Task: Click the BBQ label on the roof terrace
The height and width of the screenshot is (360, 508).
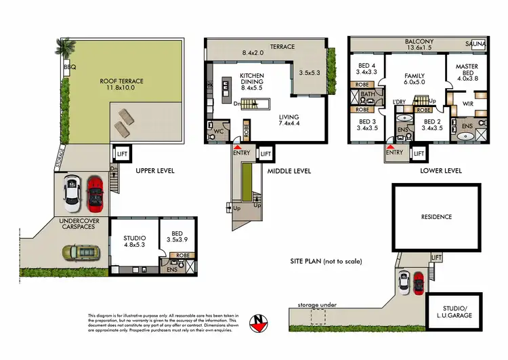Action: click(x=69, y=68)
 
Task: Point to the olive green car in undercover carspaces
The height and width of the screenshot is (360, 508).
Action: click(x=79, y=252)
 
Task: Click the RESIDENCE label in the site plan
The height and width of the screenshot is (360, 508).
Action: click(x=436, y=217)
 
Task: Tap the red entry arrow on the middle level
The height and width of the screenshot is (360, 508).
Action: click(x=236, y=146)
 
